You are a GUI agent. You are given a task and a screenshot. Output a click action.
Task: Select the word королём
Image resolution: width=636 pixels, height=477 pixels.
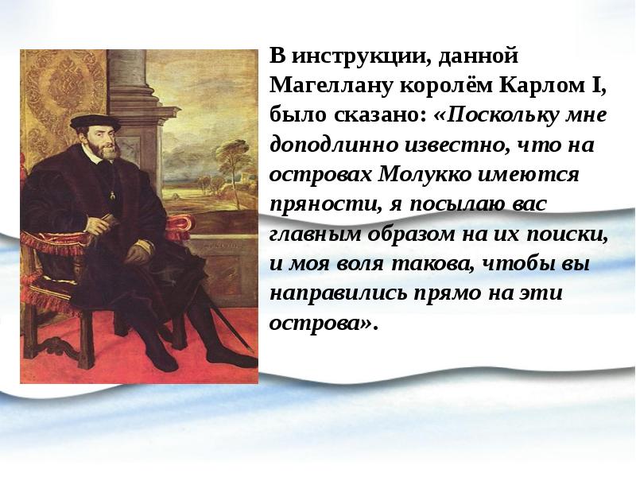tap(429, 86)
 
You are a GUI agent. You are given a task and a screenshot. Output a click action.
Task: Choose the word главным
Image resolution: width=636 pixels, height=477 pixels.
tap(313, 235)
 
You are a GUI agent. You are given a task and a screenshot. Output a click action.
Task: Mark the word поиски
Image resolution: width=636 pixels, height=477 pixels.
tap(570, 235)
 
